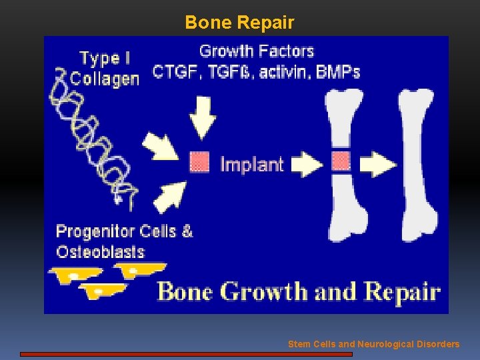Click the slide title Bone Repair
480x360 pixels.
click(x=239, y=23)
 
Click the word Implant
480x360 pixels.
click(x=251, y=164)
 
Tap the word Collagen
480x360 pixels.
click(x=105, y=79)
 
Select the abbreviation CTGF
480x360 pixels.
click(x=176, y=71)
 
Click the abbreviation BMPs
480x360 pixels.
click(x=337, y=71)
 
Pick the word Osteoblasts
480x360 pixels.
click(x=100, y=252)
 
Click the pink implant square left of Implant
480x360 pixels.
click(x=199, y=162)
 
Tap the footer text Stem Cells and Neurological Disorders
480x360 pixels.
click(x=373, y=344)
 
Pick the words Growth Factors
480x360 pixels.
click(x=257, y=51)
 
